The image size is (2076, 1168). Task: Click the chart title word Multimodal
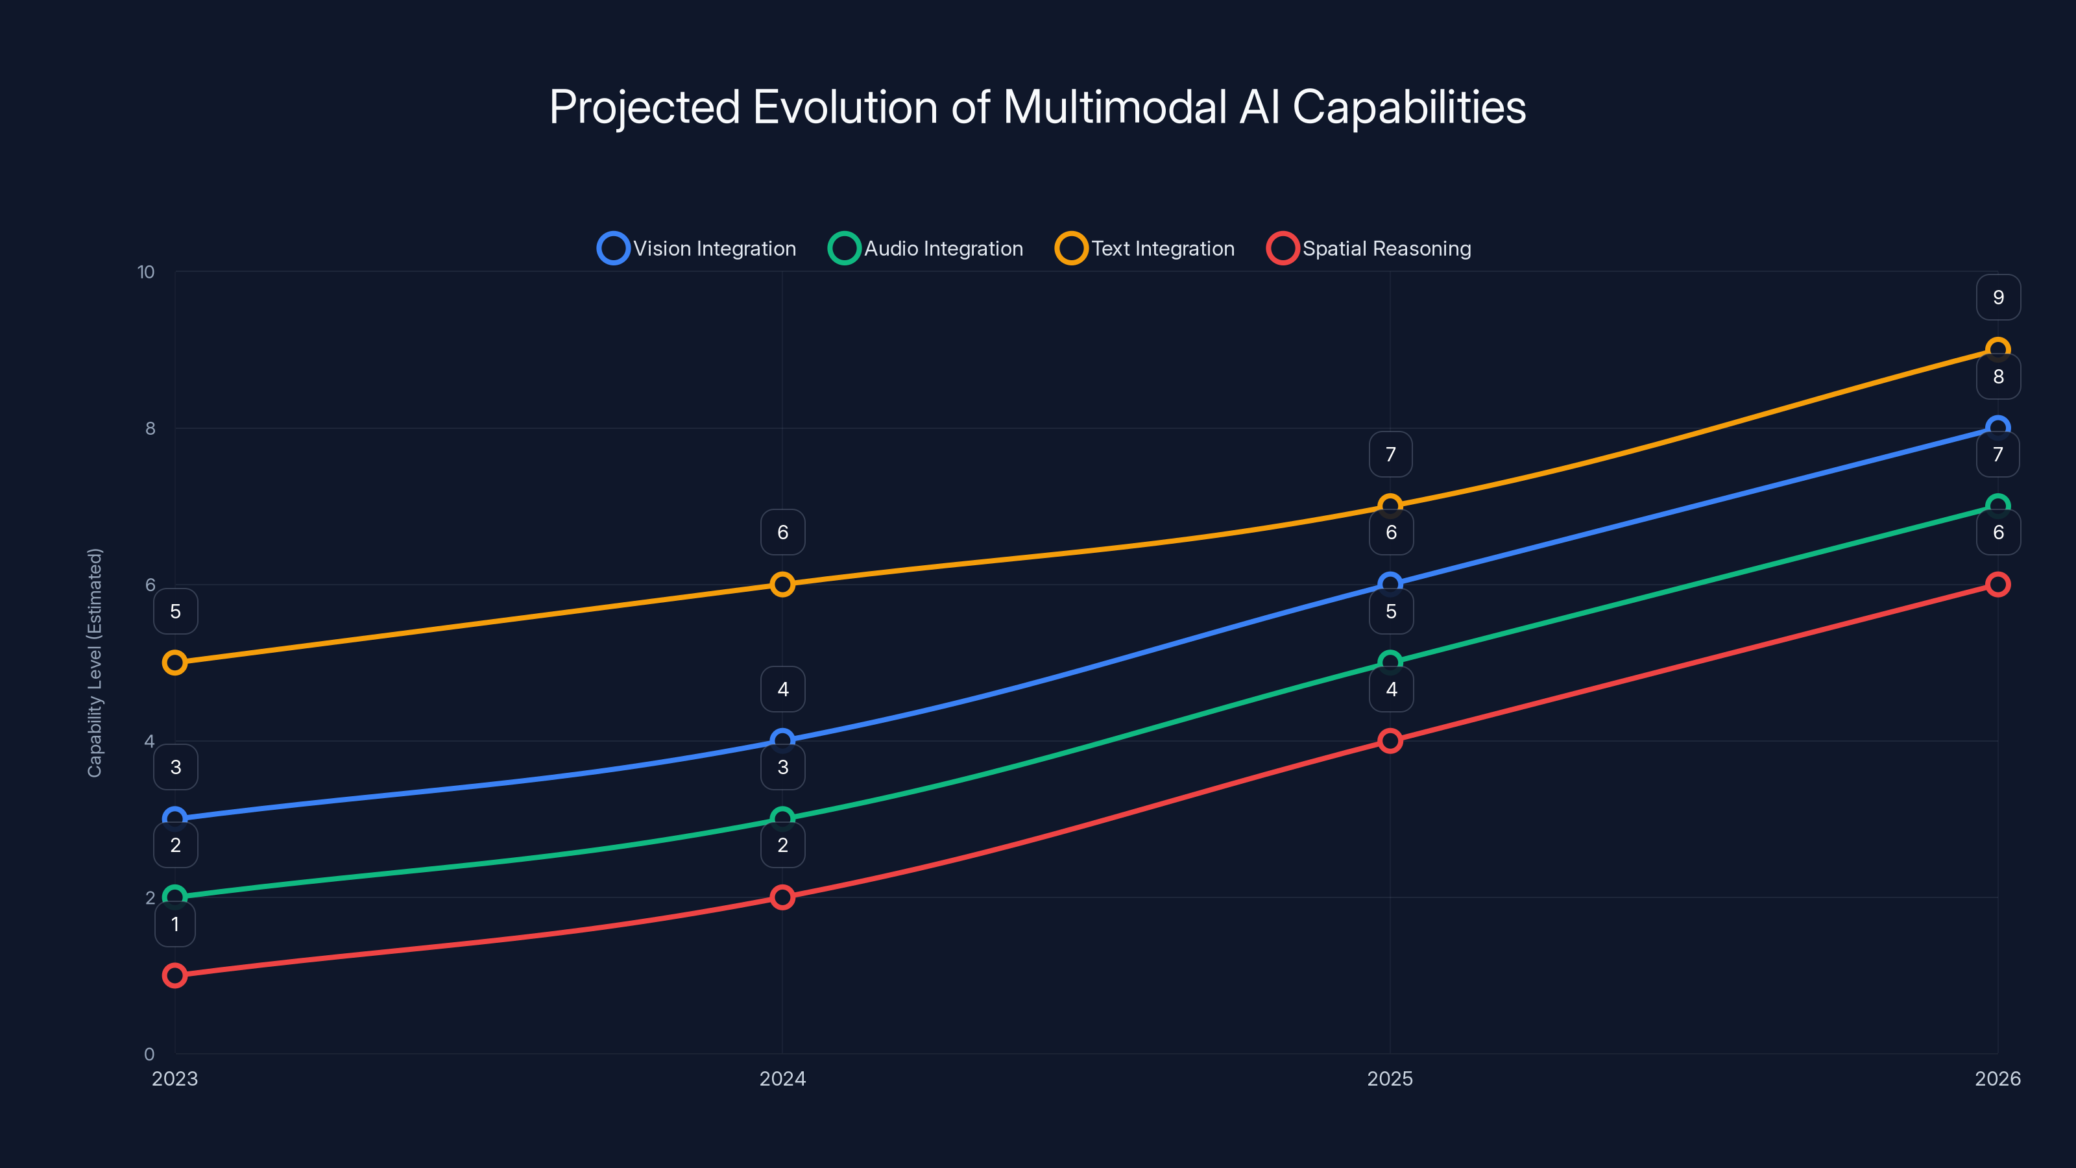click(x=1115, y=107)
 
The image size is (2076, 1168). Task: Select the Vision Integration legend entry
click(x=697, y=249)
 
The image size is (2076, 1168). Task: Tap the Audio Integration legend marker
click(x=844, y=249)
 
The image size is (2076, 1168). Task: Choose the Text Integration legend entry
click(x=1145, y=249)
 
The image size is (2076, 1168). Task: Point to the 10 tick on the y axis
click(x=146, y=273)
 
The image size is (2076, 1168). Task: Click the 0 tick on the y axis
click(x=149, y=1054)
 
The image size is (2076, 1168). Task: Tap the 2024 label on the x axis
click(x=782, y=1078)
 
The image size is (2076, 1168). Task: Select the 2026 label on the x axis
click(x=1997, y=1078)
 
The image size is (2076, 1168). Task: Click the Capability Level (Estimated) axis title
click(x=95, y=663)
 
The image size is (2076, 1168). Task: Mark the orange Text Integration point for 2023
click(x=175, y=663)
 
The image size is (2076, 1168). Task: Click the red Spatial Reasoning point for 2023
click(x=175, y=975)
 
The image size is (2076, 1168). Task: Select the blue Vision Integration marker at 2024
click(x=782, y=740)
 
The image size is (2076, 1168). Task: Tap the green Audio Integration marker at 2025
click(x=1390, y=663)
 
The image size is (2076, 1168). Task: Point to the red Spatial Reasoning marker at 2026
click(x=1997, y=585)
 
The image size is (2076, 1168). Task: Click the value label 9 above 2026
click(x=1998, y=297)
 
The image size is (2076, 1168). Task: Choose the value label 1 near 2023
click(x=175, y=925)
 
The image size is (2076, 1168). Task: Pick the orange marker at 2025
click(x=1390, y=506)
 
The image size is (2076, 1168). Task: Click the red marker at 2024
click(x=782, y=897)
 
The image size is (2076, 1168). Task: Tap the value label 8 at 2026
click(x=1998, y=376)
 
